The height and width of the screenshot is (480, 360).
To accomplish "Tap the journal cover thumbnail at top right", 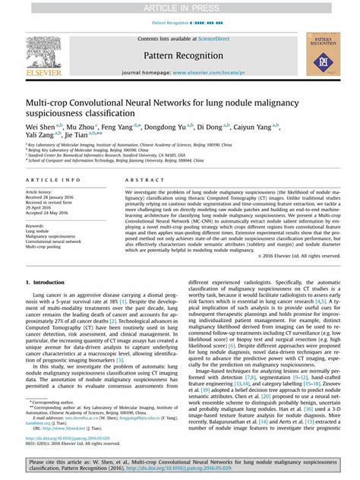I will click(x=322, y=55).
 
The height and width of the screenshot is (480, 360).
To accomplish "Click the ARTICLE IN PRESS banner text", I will click(x=180, y=7).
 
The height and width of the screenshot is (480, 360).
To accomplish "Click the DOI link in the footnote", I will click(x=64, y=438).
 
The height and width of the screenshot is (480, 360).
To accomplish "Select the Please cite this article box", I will click(x=180, y=466).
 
